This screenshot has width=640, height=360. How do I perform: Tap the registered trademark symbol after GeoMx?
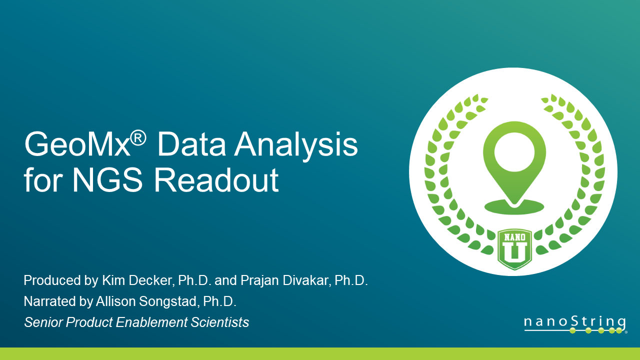pyautogui.click(x=138, y=135)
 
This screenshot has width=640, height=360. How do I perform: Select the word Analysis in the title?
pyautogui.click(x=297, y=145)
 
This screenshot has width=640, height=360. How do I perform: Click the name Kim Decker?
pyautogui.click(x=137, y=281)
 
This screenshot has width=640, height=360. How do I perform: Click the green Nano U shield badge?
pyautogui.click(x=514, y=249)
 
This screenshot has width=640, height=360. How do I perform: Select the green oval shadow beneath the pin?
pyautogui.click(x=513, y=206)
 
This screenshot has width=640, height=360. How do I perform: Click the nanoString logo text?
pyautogui.click(x=574, y=321)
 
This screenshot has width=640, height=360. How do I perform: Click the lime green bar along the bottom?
pyautogui.click(x=320, y=353)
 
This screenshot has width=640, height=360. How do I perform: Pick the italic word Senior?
pyautogui.click(x=43, y=322)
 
